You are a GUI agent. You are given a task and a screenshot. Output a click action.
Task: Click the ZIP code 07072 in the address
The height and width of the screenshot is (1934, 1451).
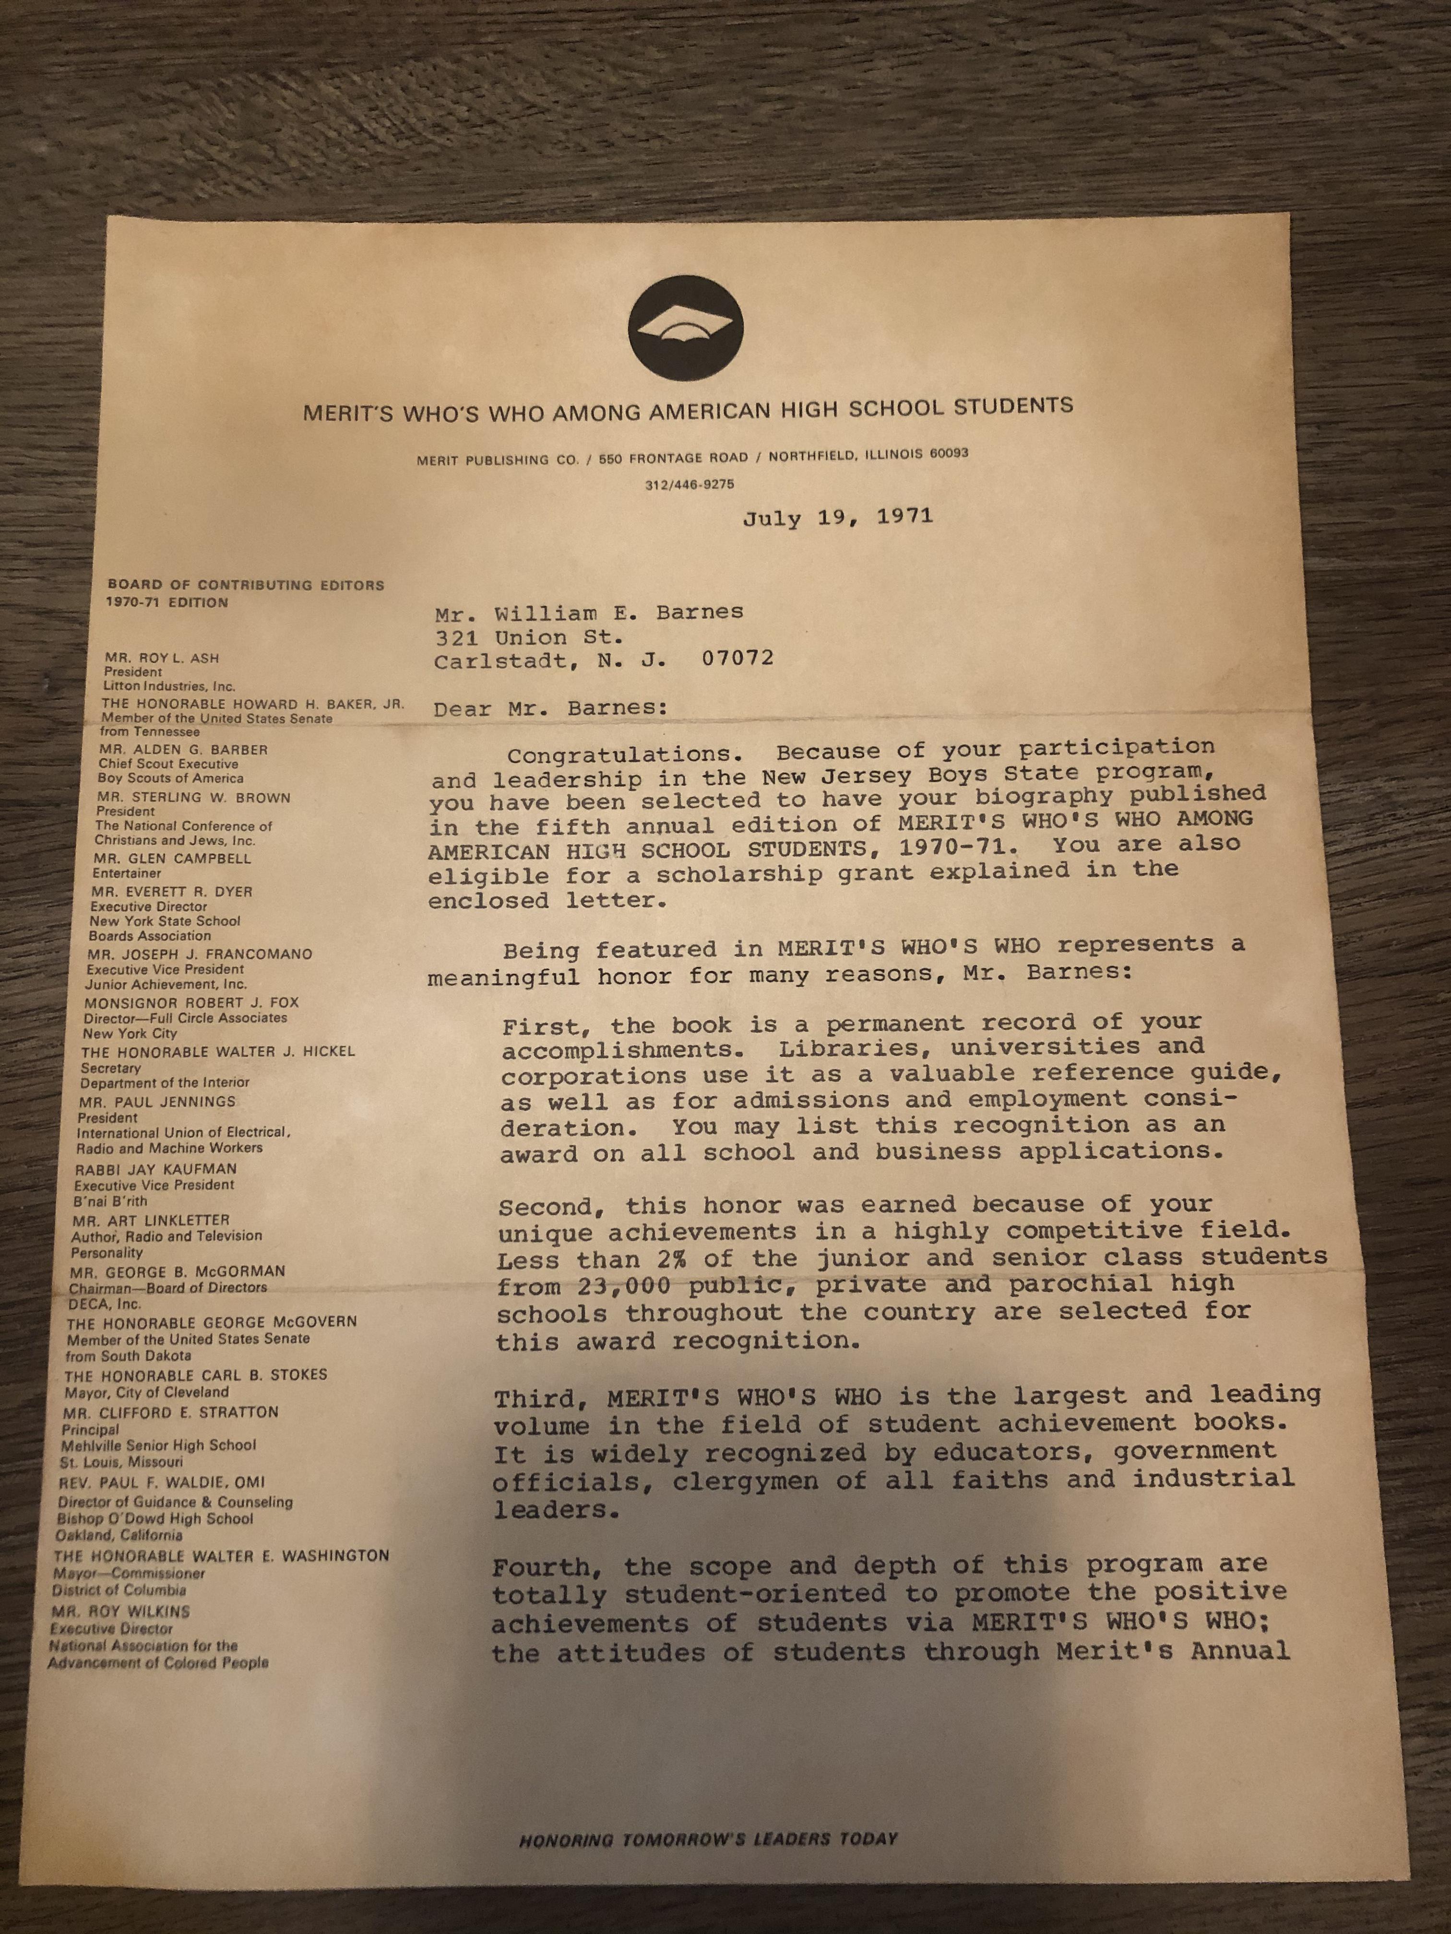(737, 658)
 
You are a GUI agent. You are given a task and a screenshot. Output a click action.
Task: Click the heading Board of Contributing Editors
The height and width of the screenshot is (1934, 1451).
(246, 585)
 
